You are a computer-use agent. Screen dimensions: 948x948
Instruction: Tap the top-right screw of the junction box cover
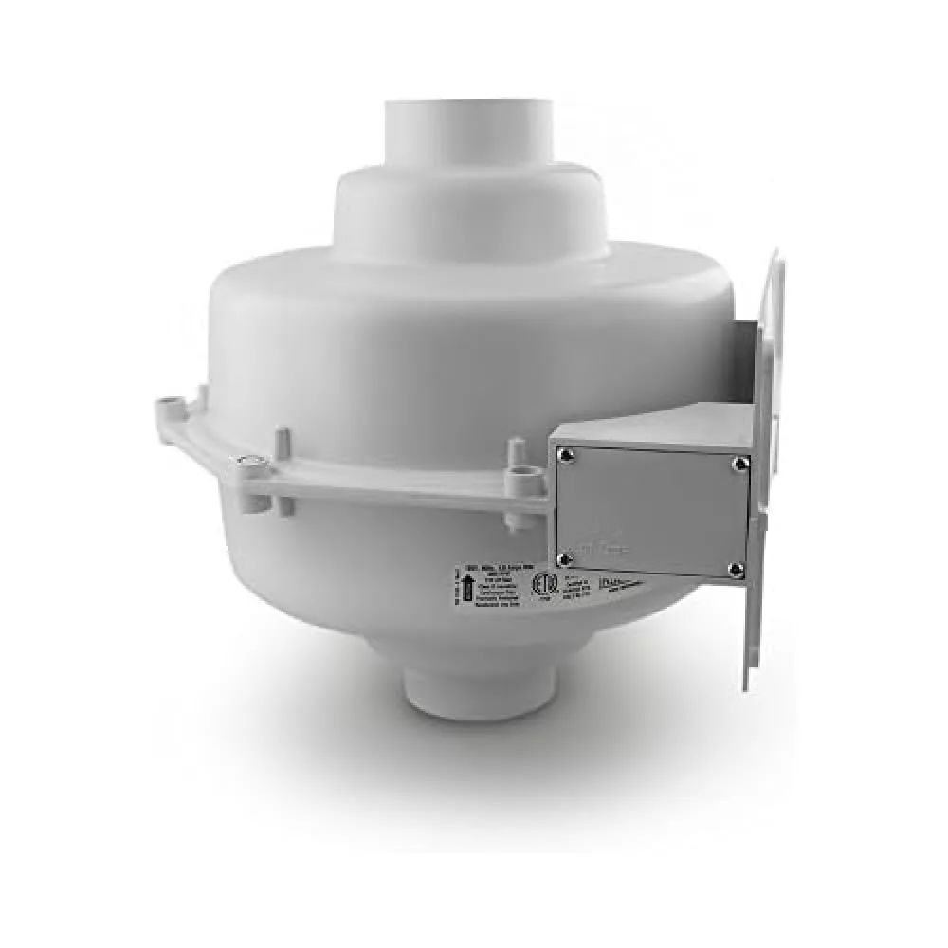click(738, 464)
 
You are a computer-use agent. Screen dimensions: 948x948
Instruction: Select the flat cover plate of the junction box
click(650, 512)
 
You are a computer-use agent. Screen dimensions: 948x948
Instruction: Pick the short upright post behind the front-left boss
click(283, 444)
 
